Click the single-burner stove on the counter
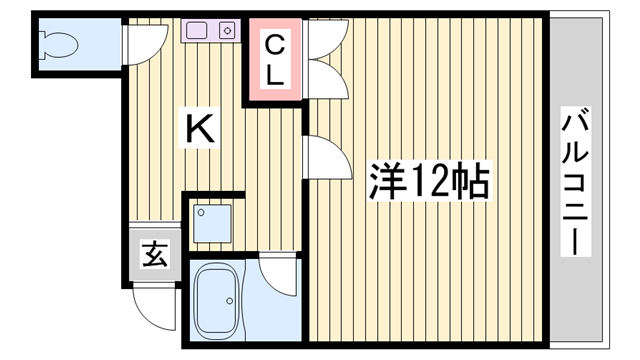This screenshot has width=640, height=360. click(x=227, y=31)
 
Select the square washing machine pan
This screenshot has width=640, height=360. click(x=213, y=225)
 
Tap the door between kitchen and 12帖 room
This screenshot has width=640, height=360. click(x=321, y=157)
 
